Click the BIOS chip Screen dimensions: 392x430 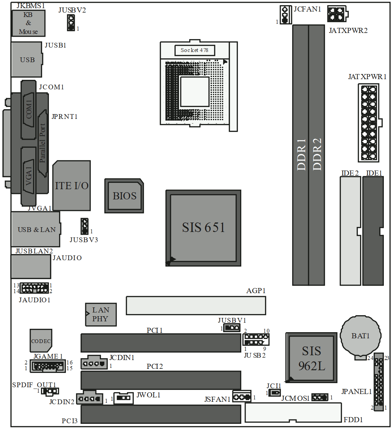pos(124,196)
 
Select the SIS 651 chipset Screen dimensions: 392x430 pos(203,228)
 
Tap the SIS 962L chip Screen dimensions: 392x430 pos(311,358)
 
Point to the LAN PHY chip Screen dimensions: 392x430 pos(101,315)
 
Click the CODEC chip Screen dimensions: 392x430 pos(41,341)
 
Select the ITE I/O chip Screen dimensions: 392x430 pos(72,186)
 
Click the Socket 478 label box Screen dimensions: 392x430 pos(195,50)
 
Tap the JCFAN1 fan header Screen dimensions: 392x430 pos(286,15)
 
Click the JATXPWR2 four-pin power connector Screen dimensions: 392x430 pos(338,14)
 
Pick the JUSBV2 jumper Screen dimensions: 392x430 pos(71,23)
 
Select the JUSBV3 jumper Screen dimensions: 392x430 pos(85,226)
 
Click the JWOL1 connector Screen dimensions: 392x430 pos(123,398)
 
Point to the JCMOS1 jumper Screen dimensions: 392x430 pos(320,397)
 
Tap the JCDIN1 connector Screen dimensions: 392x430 pos(94,362)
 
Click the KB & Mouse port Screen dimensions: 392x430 pos(28,23)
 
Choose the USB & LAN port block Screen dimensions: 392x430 pos(36,229)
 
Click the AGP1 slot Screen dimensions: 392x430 pos(196,305)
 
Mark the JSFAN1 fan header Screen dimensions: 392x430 pos(242,397)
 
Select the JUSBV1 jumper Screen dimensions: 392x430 pos(232,327)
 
